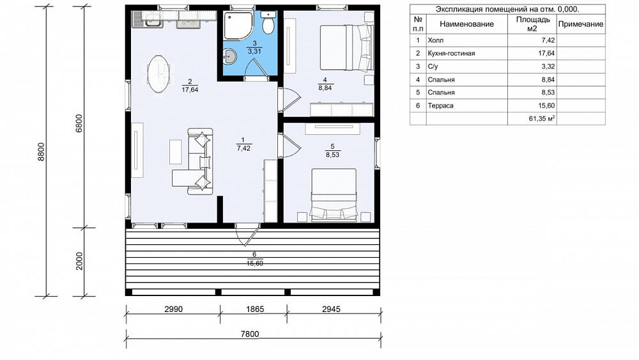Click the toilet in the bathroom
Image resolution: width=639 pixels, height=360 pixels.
(268, 23)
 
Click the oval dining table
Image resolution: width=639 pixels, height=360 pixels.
(158, 74)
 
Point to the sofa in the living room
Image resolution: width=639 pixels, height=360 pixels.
(199, 161)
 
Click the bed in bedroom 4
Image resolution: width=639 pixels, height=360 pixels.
(347, 47)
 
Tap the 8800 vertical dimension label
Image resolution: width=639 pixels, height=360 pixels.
(41, 152)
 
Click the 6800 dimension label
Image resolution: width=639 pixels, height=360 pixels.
(79, 123)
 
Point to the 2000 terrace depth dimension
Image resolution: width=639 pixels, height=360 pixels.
(79, 261)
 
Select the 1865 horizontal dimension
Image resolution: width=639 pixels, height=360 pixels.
(255, 309)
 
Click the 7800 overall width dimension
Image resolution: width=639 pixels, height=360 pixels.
(250, 334)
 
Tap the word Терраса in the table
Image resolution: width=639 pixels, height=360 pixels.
(440, 106)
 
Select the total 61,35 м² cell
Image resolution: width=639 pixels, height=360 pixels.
(542, 119)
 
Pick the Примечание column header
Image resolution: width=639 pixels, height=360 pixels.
(581, 24)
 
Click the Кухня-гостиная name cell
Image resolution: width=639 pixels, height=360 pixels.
(452, 54)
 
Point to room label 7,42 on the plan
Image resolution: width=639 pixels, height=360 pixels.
(243, 148)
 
